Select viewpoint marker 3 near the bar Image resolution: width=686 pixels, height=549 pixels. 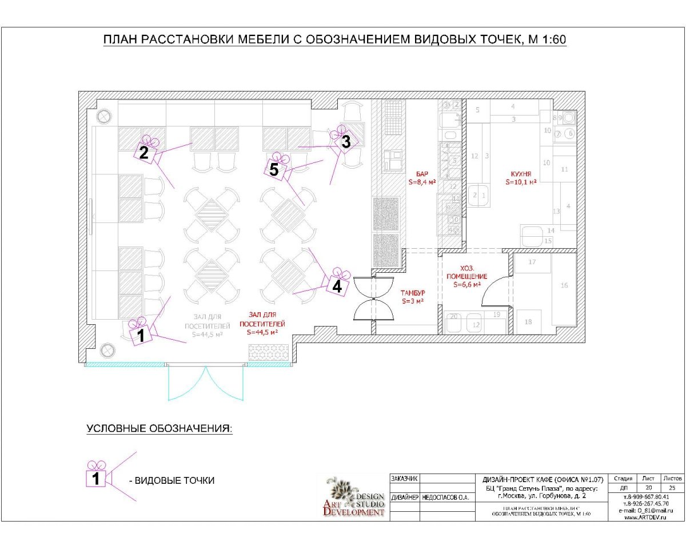345,141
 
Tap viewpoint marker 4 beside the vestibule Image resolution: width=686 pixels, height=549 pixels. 337,285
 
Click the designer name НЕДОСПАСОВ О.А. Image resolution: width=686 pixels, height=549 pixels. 446,498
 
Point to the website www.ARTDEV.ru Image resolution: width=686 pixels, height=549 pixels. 647,517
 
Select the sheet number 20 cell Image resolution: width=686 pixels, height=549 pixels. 648,488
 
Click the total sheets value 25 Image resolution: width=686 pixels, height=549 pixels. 672,488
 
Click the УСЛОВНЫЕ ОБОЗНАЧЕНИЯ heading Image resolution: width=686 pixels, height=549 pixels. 159,429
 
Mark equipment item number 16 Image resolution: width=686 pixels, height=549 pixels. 564,285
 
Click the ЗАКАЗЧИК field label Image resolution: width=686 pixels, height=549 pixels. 405,479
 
